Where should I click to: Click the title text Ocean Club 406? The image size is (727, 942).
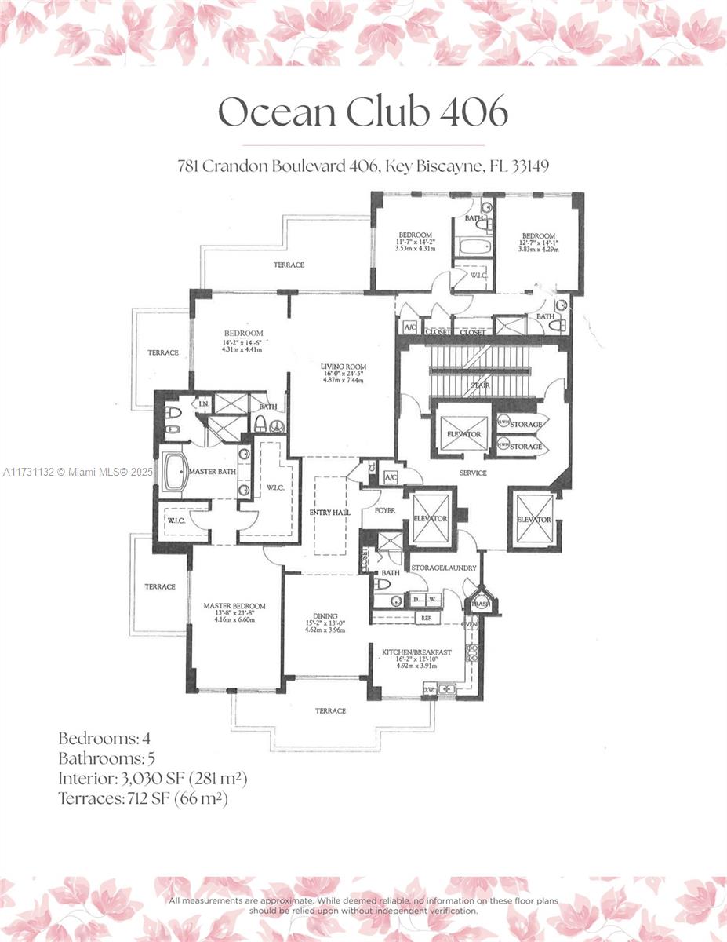point(362,112)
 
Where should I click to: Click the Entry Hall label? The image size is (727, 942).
point(330,512)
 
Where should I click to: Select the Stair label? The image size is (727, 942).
point(480,385)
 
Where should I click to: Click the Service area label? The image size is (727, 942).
point(473,473)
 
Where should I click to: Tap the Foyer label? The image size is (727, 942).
point(384,510)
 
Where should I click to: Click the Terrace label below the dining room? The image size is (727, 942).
point(330,710)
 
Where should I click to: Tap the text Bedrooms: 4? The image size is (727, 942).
point(99,739)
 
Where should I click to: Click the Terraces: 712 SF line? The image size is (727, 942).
point(143,798)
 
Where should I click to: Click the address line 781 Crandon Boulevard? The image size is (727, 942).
point(362,166)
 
